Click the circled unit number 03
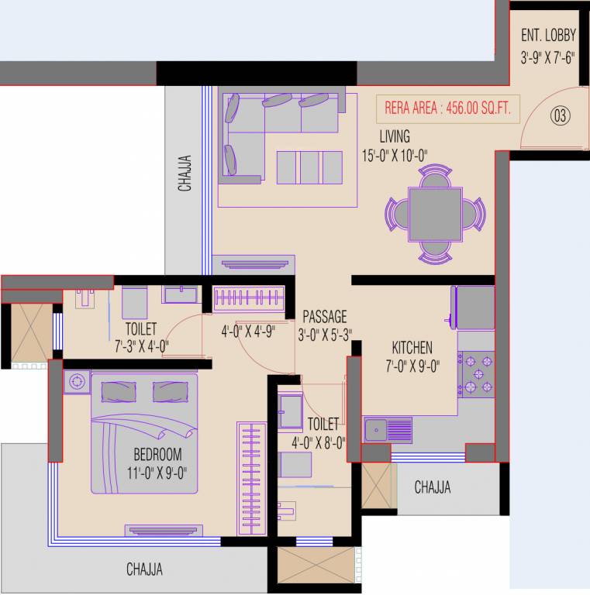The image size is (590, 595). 560,116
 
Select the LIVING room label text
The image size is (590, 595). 395,138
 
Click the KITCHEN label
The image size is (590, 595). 412,348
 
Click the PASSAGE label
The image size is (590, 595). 324,316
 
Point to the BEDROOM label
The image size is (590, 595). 157,454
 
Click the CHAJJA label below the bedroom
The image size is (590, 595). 145,569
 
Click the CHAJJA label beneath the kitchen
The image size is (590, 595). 432,487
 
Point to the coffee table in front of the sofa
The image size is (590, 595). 309,167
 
